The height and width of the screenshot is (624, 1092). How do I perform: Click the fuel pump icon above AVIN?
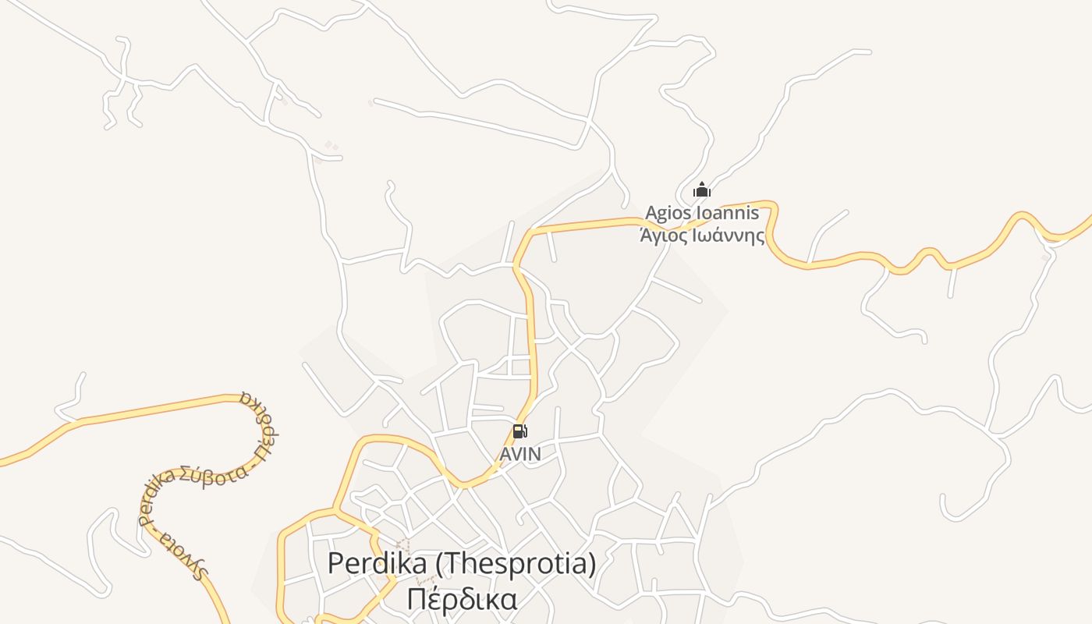pyautogui.click(x=519, y=431)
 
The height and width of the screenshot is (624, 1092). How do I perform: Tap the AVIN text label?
pyautogui.click(x=520, y=454)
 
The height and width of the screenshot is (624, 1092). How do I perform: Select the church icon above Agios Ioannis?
pyautogui.click(x=702, y=190)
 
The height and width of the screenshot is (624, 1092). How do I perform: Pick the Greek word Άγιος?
pyautogui.click(x=665, y=235)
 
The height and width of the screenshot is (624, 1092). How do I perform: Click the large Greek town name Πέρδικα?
pyautogui.click(x=462, y=599)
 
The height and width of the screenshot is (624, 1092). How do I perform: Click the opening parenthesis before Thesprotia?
pyautogui.click(x=433, y=563)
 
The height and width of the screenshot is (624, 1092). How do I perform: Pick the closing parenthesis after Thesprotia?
pyautogui.click(x=591, y=563)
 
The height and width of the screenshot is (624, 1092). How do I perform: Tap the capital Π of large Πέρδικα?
pyautogui.click(x=417, y=599)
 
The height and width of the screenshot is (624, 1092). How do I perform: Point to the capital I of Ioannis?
pyautogui.click(x=698, y=213)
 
